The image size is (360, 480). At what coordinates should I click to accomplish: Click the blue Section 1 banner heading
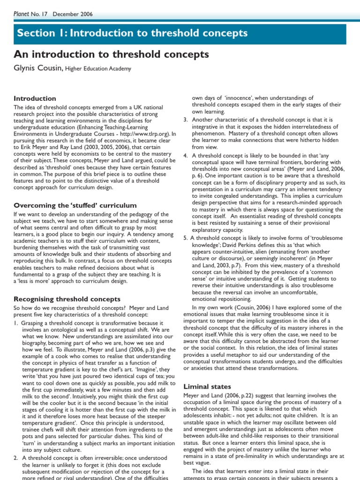[x=132, y=34]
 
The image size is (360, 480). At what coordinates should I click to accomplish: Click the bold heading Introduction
[x=35, y=98]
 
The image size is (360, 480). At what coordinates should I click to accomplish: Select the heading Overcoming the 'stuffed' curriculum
[x=75, y=205]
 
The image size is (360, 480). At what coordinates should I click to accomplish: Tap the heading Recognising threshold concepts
[x=67, y=299]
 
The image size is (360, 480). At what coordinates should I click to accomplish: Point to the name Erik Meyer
[x=34, y=147]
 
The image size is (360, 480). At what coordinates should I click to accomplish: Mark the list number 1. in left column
[x=16, y=323]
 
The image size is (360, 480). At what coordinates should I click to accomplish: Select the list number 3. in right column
[x=186, y=120]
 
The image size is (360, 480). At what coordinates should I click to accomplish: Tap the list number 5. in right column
[x=186, y=238]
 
